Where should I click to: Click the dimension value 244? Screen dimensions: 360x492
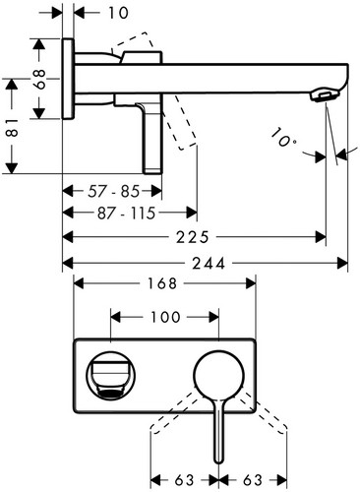pyautogui.click(x=209, y=263)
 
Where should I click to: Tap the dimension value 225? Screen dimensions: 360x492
pyautogui.click(x=192, y=237)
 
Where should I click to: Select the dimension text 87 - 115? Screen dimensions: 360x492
pyautogui.click(x=126, y=214)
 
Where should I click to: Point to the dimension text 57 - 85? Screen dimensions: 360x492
pyautogui.click(x=113, y=192)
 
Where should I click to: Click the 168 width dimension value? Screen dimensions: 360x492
pyautogui.click(x=162, y=283)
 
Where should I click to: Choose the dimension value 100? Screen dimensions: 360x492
pyautogui.click(x=165, y=317)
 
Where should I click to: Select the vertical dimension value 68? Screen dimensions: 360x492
pyautogui.click(x=40, y=79)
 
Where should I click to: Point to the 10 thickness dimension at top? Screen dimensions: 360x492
pyautogui.click(x=118, y=13)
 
